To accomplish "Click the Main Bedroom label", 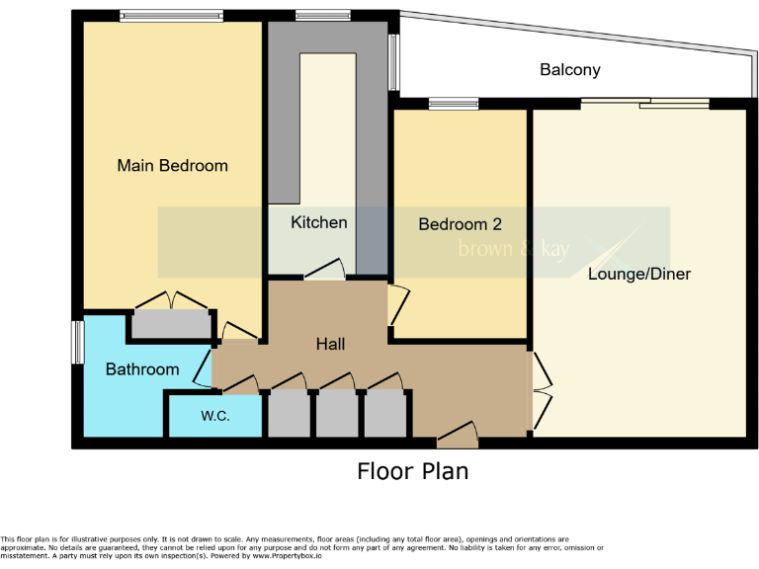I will (x=172, y=166).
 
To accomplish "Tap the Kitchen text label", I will (x=318, y=222).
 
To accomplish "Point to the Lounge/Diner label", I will (x=638, y=274).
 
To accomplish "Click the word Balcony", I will (x=569, y=70).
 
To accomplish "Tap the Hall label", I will (x=330, y=345).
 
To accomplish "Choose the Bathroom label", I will (x=142, y=369).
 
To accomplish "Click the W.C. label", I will (x=215, y=416).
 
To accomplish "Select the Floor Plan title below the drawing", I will (x=412, y=471).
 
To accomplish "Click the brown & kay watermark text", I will (x=513, y=249).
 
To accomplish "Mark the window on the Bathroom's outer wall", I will (x=77, y=342).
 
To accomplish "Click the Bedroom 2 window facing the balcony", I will (x=454, y=104).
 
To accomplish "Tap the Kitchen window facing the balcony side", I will (x=393, y=62).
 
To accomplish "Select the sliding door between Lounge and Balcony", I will (x=644, y=103).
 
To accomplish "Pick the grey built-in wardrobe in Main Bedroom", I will (x=171, y=324).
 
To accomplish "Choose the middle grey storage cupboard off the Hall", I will (x=336, y=415).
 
